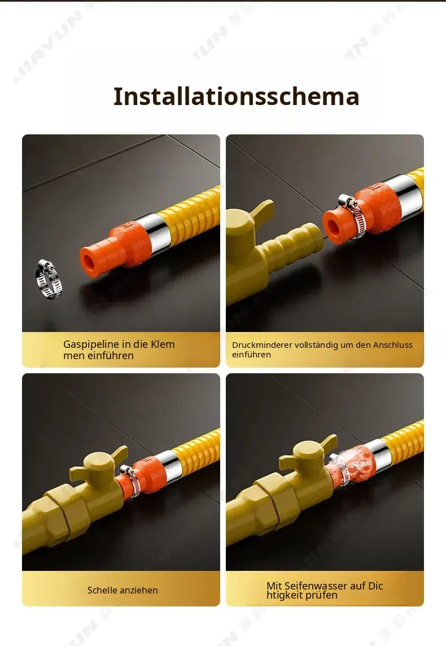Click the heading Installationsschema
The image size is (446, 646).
coord(236,97)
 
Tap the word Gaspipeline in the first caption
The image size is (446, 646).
coord(89,344)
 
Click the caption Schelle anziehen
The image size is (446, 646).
coord(123,590)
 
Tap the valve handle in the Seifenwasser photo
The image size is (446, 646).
coord(308,453)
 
